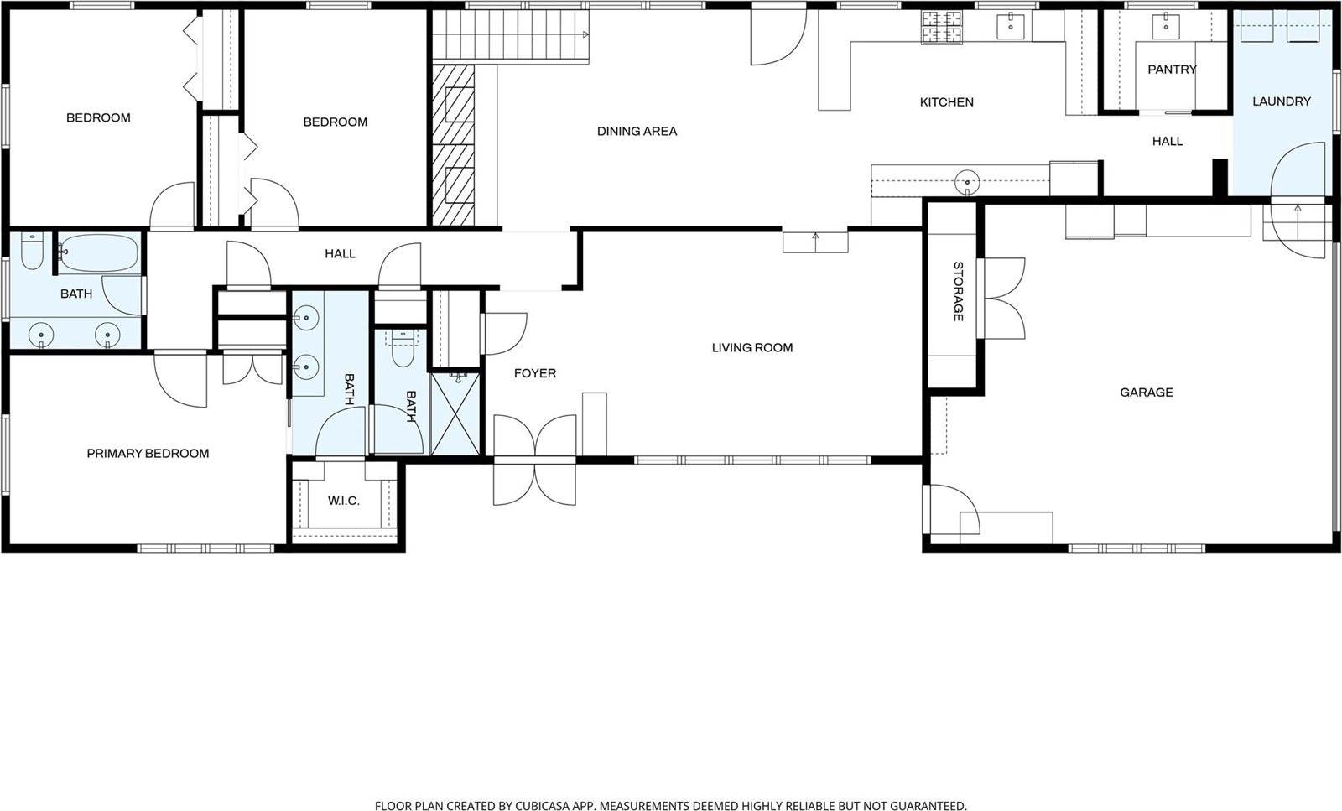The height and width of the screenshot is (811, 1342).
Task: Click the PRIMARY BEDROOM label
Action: coord(148,454)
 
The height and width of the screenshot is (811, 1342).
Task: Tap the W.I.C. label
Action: coord(343,502)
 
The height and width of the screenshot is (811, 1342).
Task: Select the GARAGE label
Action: coord(1146,393)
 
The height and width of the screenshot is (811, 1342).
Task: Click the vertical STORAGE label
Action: coord(958,291)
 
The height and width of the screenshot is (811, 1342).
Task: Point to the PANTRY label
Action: coord(1171,70)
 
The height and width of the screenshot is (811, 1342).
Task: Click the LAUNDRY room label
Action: coord(1281,101)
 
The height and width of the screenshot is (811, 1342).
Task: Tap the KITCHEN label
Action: coord(946,102)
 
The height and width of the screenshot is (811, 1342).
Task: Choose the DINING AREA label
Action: coord(637,132)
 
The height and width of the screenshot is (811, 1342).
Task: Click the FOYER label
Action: coord(534,373)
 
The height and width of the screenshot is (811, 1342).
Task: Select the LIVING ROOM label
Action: coord(752,348)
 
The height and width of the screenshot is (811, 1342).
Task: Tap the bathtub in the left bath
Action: coord(99,252)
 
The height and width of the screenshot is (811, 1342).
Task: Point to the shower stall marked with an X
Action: coord(455,414)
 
